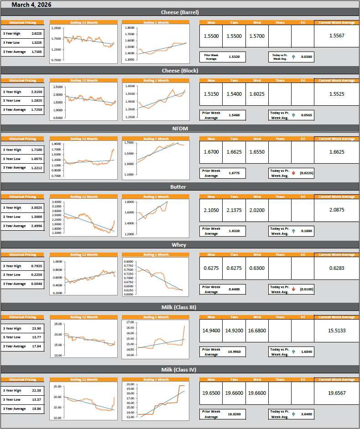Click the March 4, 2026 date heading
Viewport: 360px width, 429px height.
[31, 5]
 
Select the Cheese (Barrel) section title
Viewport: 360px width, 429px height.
[180, 12]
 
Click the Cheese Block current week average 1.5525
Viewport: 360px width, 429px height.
[336, 94]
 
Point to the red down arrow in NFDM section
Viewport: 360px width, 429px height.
[293, 173]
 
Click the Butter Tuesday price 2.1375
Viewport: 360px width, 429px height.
[234, 210]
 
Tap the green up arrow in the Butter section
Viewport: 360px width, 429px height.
[293, 231]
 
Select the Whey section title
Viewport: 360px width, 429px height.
[180, 245]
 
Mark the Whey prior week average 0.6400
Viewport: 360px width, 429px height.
[234, 289]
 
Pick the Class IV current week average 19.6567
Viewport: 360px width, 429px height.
[336, 393]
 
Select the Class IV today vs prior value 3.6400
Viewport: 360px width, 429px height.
[307, 414]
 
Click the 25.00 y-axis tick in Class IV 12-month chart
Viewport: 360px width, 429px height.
[57, 387]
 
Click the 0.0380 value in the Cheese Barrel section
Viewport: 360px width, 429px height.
[307, 57]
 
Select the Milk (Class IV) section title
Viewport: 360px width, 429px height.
[180, 370]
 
